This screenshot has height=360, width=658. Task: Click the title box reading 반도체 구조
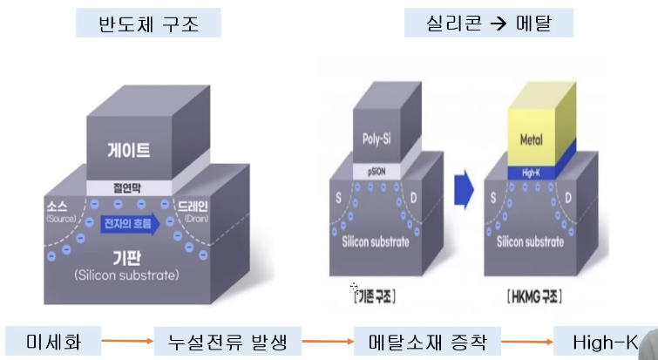point(147,24)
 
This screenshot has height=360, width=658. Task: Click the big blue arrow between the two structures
point(464,188)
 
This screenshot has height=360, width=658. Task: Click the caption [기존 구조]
point(375,297)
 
